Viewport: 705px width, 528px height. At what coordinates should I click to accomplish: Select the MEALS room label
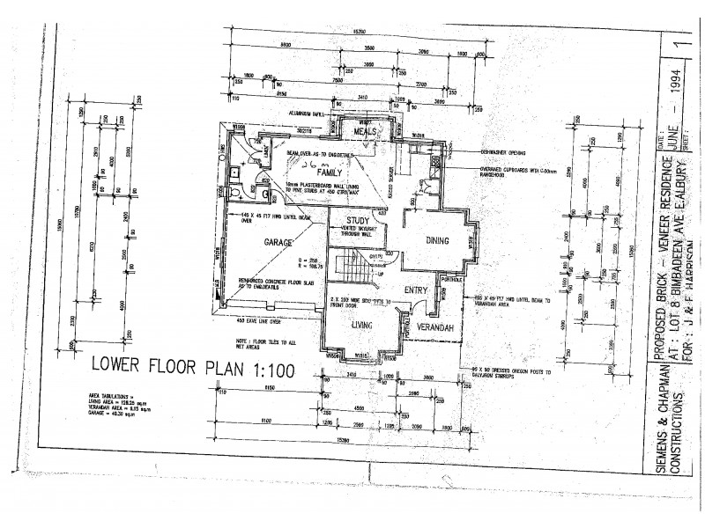coord(365,131)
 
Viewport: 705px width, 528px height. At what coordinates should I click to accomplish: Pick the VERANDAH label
coord(434,327)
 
